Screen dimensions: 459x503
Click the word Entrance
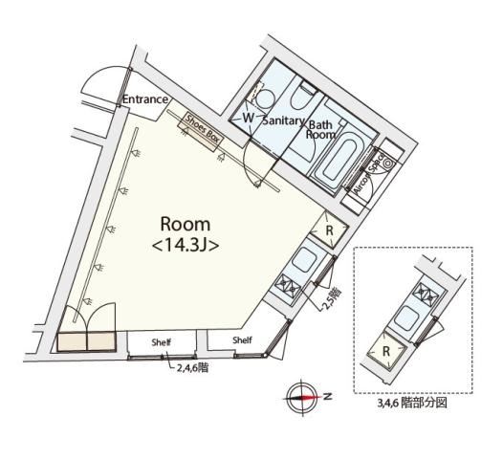pos(145,99)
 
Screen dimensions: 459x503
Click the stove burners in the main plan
pos(290,286)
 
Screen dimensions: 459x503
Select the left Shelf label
pos(162,341)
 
